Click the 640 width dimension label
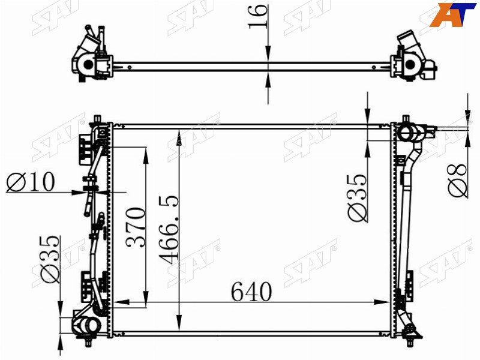point(251,292)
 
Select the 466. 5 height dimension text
point(169,229)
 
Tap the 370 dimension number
point(136,227)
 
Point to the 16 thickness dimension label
point(258,17)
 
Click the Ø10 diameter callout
point(31,182)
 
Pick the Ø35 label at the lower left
point(50,259)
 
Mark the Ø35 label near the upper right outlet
point(357,197)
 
